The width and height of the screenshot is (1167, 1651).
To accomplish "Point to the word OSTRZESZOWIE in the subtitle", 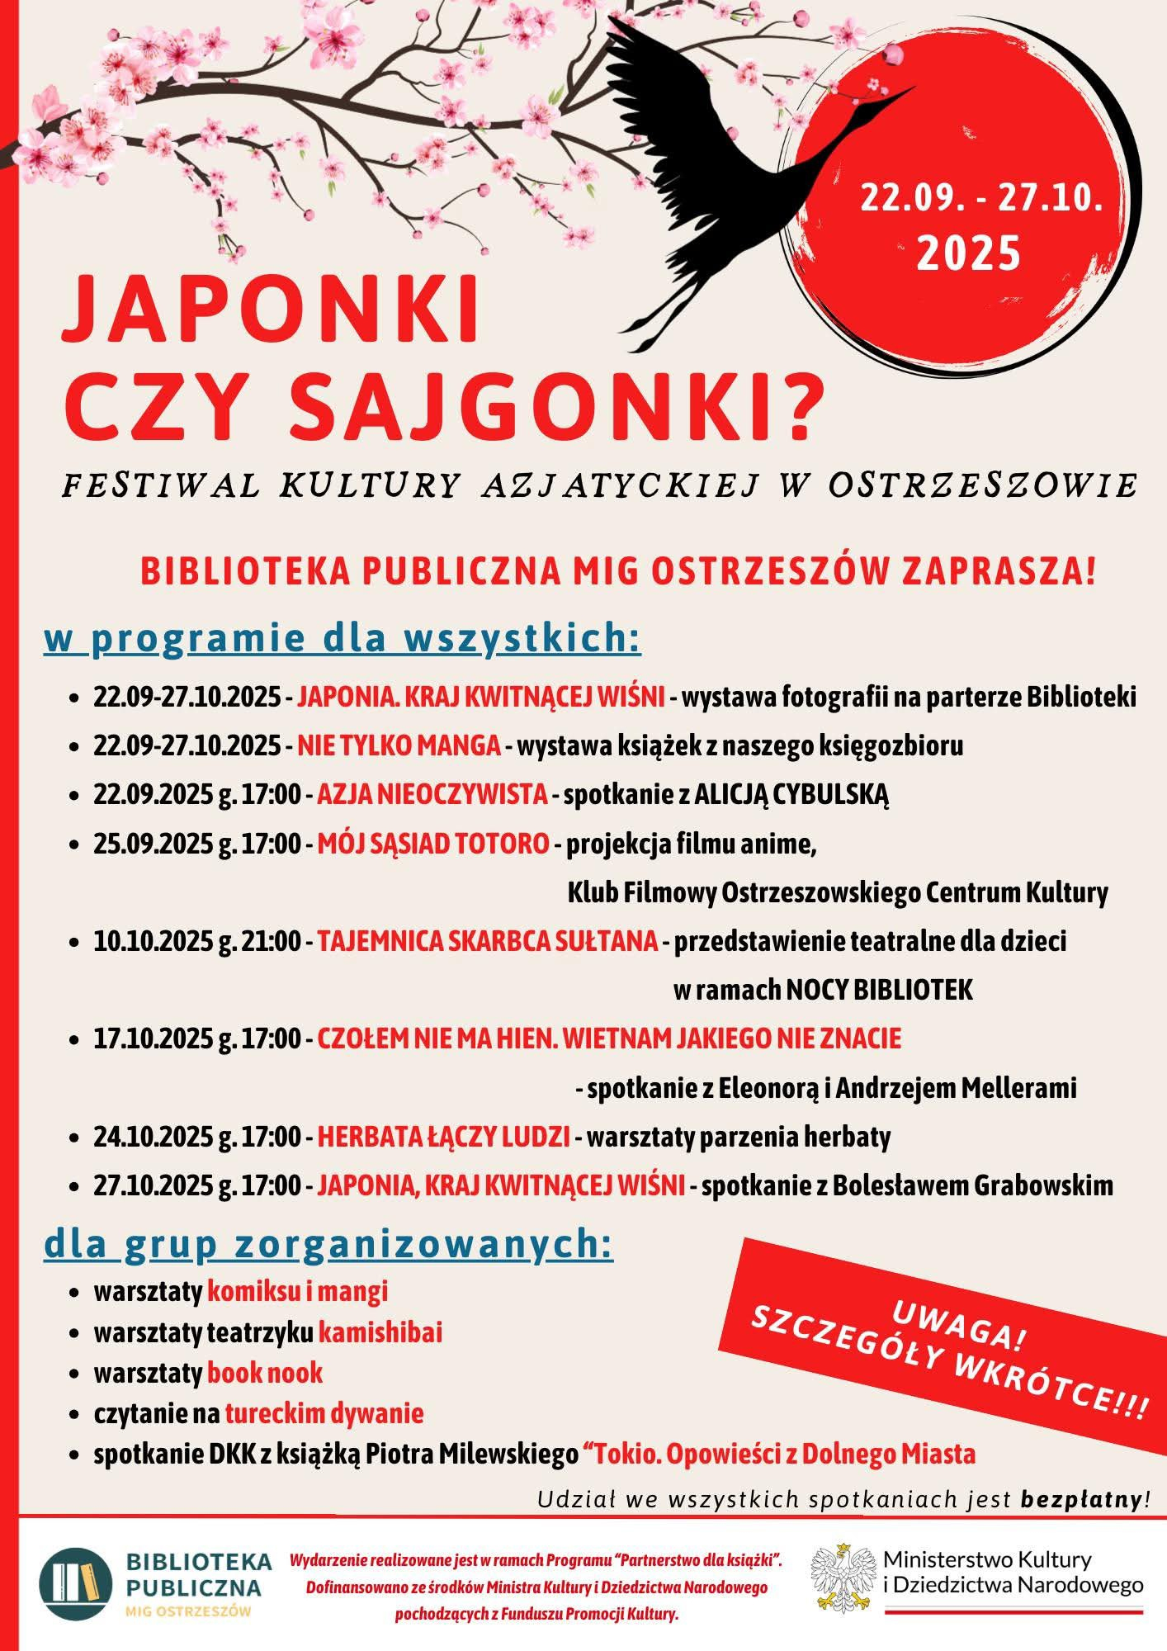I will (983, 486).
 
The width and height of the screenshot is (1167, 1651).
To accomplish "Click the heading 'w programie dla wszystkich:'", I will (343, 640).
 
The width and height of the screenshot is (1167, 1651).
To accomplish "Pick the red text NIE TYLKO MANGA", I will (399, 746).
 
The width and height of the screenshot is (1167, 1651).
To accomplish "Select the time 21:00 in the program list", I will (272, 941).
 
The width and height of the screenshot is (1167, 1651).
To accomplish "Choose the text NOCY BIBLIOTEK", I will (879, 990).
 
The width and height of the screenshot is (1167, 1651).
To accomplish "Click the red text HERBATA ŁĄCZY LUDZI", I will (443, 1138).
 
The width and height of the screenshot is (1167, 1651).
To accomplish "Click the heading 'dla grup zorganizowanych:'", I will (328, 1246).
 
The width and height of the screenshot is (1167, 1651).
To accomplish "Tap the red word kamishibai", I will (380, 1333).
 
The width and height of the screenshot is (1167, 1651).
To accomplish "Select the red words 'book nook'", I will (264, 1373).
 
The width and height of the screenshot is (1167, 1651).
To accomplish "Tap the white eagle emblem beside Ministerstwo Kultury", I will (841, 1578).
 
